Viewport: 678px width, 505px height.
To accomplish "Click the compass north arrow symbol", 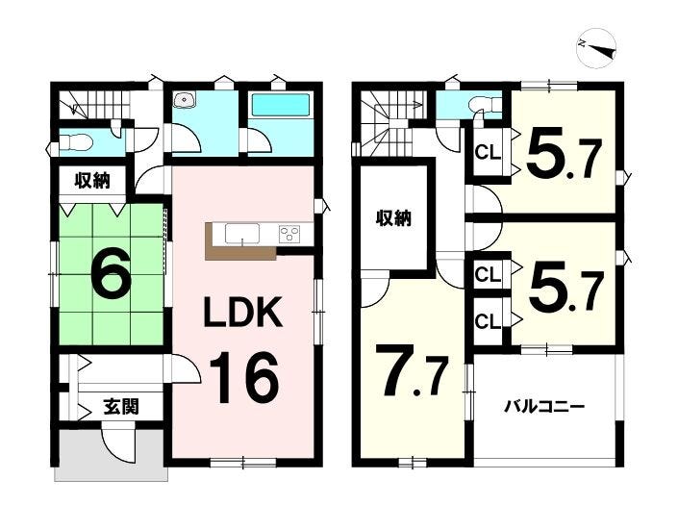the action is pos(596,48).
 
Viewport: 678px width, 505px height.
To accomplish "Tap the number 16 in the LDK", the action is pos(243,376).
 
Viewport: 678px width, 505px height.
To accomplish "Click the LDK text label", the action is pos(242,312).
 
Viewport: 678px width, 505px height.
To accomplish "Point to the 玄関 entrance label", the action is pos(121,407).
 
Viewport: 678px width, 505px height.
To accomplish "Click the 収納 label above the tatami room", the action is pos(92,180).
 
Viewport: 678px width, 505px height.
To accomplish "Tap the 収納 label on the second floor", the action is pos(393,218).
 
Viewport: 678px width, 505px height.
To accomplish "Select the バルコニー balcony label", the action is pos(545,407).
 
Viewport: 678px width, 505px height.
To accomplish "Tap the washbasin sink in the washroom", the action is pos(185,100).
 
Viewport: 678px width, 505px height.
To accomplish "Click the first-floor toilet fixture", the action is pos(76,141).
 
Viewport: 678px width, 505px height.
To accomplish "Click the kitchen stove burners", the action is pos(289,235).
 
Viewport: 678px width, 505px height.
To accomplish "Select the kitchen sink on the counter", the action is pos(241,234).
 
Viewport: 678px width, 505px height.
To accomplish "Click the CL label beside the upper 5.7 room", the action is pos(488,153).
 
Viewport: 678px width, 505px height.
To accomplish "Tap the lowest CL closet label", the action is pos(488,321).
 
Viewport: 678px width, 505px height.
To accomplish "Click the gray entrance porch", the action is pos(112,455).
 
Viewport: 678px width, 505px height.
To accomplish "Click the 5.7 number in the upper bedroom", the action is pos(564,155).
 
